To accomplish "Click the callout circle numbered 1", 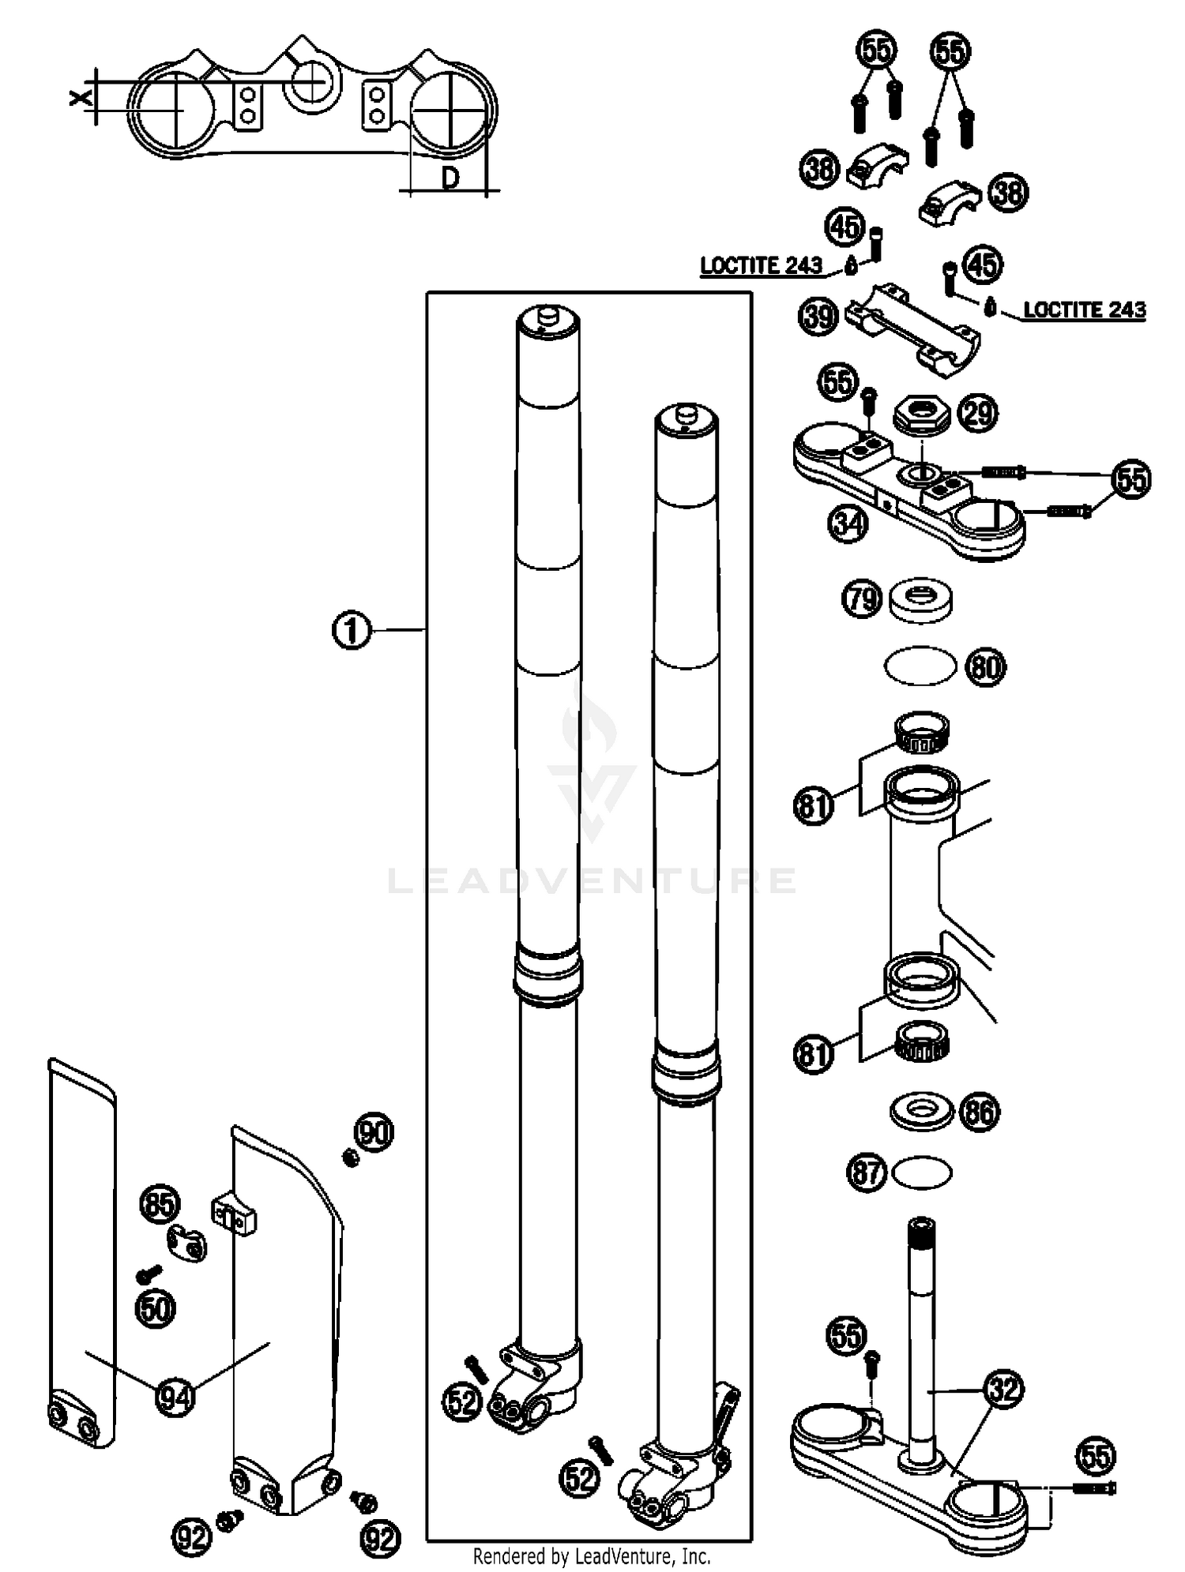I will click(352, 631).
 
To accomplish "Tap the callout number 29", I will click(979, 413).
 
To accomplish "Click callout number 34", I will click(848, 523).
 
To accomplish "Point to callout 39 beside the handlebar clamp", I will click(818, 317).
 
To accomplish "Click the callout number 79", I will click(862, 598).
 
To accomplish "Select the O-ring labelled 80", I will click(920, 666).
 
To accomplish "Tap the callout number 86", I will click(980, 1112).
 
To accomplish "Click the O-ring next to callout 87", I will click(921, 1172).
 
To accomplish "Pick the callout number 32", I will click(1004, 1389).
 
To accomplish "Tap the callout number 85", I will click(160, 1205).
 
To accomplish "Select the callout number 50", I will click(156, 1309).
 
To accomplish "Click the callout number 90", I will click(374, 1132).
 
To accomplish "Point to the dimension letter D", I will click(450, 178).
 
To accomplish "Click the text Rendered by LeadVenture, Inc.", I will click(592, 1556).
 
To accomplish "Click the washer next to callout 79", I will click(920, 602).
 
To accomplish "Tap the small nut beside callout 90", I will click(350, 1158).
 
